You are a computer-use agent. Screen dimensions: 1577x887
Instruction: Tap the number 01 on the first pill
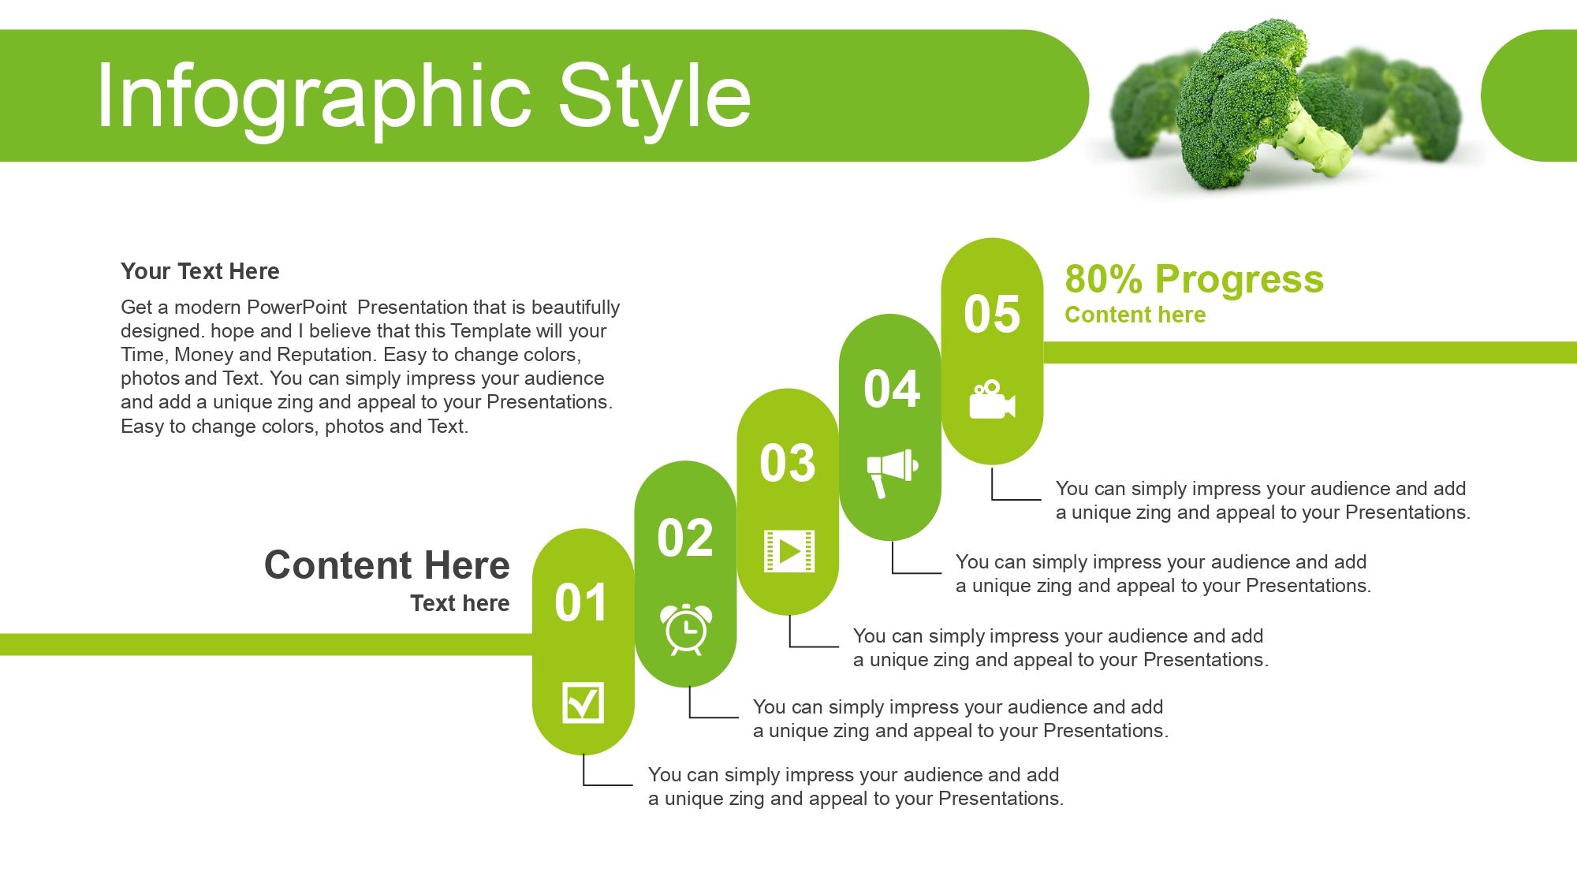click(x=581, y=603)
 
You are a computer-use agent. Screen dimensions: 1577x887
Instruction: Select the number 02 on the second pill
click(x=685, y=539)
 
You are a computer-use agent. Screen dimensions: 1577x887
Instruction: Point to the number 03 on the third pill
click(x=788, y=463)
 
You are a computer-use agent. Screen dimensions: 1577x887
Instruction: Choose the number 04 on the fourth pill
click(x=892, y=389)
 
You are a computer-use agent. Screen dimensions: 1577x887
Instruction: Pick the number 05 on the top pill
click(x=992, y=314)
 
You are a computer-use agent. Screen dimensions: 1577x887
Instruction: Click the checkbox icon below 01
click(x=583, y=702)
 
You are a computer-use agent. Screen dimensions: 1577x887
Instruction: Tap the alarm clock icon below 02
click(x=686, y=628)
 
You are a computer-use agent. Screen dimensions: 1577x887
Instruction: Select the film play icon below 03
click(x=789, y=550)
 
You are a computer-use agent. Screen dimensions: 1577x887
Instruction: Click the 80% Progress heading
click(x=1195, y=279)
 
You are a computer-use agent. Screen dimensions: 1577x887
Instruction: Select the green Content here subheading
click(x=1135, y=315)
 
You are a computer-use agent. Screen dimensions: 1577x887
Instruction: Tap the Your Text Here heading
click(x=200, y=271)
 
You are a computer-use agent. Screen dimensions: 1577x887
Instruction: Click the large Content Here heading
click(x=387, y=565)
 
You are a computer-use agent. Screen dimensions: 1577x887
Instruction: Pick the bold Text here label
click(x=460, y=603)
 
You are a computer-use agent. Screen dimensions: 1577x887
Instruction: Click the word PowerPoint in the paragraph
click(x=297, y=307)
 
